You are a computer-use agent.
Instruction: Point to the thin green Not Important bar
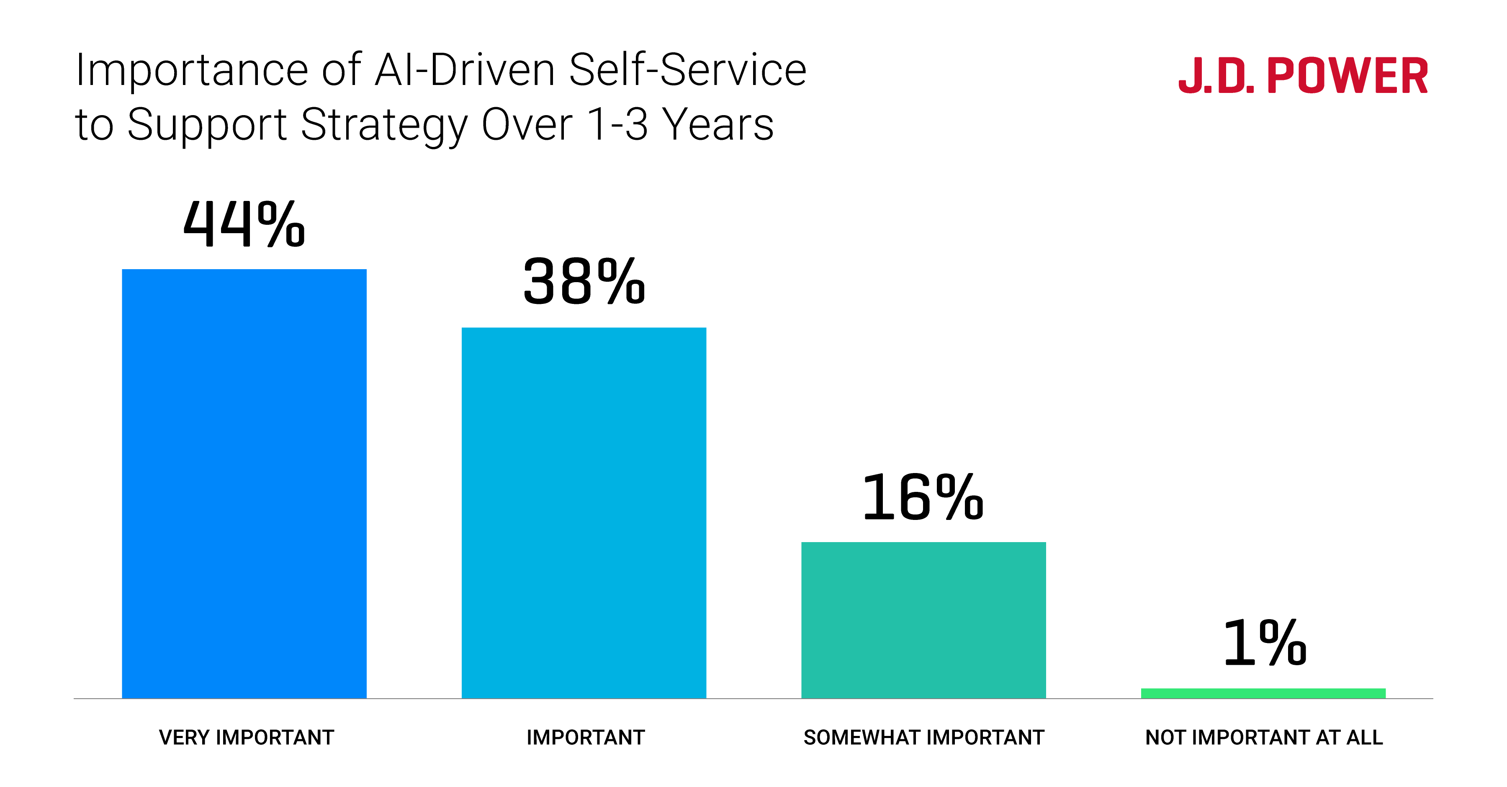[x=1263, y=693]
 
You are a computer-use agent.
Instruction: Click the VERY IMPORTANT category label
[x=246, y=737]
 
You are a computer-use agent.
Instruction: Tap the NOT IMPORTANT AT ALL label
[x=1264, y=737]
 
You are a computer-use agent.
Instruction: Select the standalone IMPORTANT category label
[x=585, y=737]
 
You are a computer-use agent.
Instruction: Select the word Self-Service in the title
[x=687, y=70]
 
